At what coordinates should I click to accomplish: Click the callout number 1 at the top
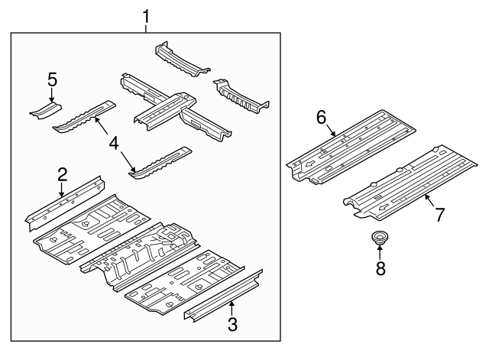click(x=147, y=15)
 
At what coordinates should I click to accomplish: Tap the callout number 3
click(x=232, y=324)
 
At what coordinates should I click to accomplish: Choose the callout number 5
click(x=51, y=79)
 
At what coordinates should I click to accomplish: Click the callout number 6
click(x=321, y=117)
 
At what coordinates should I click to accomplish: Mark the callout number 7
click(x=439, y=215)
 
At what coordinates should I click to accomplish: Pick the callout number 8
click(x=380, y=268)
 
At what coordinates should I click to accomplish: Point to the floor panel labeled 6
click(x=351, y=145)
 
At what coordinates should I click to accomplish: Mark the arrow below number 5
click(x=51, y=95)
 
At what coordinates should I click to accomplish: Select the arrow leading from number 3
click(x=229, y=309)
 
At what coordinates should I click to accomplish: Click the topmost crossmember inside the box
click(x=181, y=59)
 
